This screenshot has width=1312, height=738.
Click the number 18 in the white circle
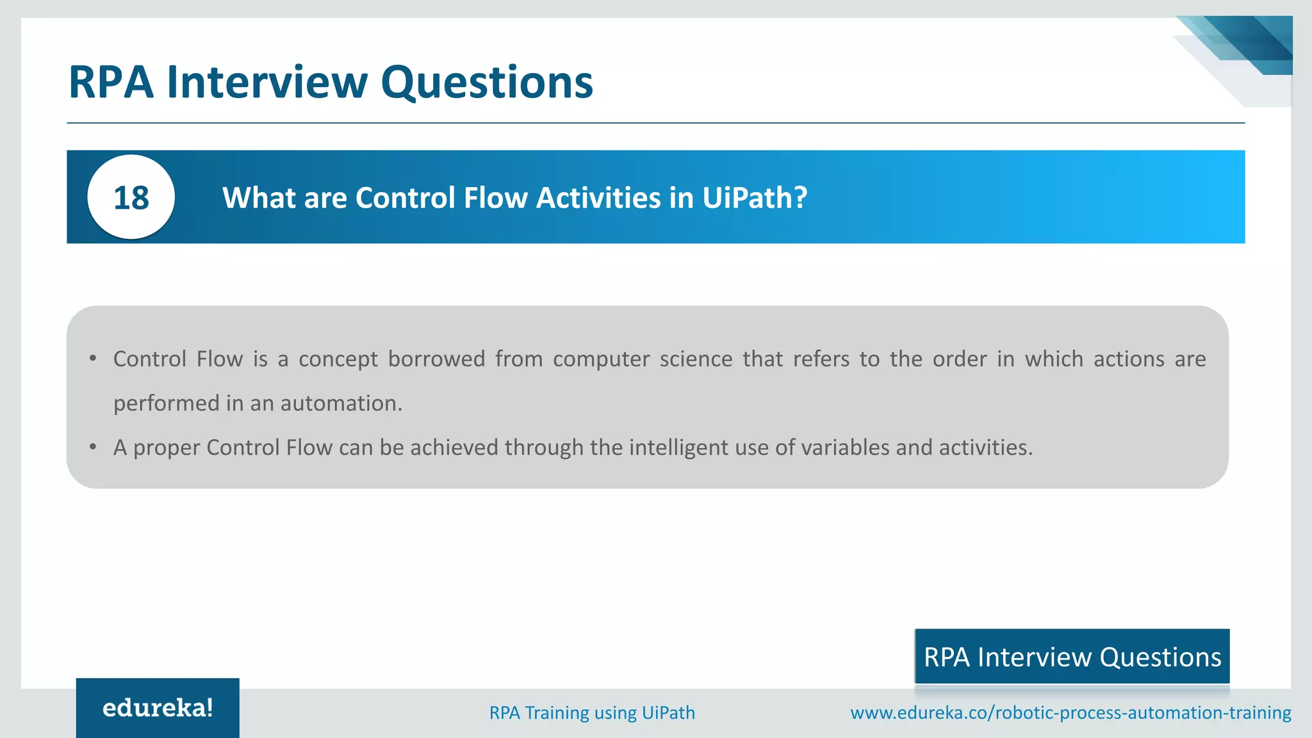131,197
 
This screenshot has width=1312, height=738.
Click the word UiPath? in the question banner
755,197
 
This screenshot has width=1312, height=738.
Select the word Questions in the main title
487,82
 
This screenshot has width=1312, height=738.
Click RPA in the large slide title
111,82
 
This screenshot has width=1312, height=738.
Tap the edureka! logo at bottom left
158,708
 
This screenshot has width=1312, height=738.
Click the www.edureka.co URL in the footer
1070,712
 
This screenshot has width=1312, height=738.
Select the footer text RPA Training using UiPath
592,712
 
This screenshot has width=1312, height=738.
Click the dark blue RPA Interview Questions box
1072,657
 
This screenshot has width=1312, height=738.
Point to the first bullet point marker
93,358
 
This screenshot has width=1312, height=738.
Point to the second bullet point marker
93,447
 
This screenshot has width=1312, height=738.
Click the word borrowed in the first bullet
436,359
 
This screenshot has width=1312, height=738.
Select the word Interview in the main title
267,82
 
